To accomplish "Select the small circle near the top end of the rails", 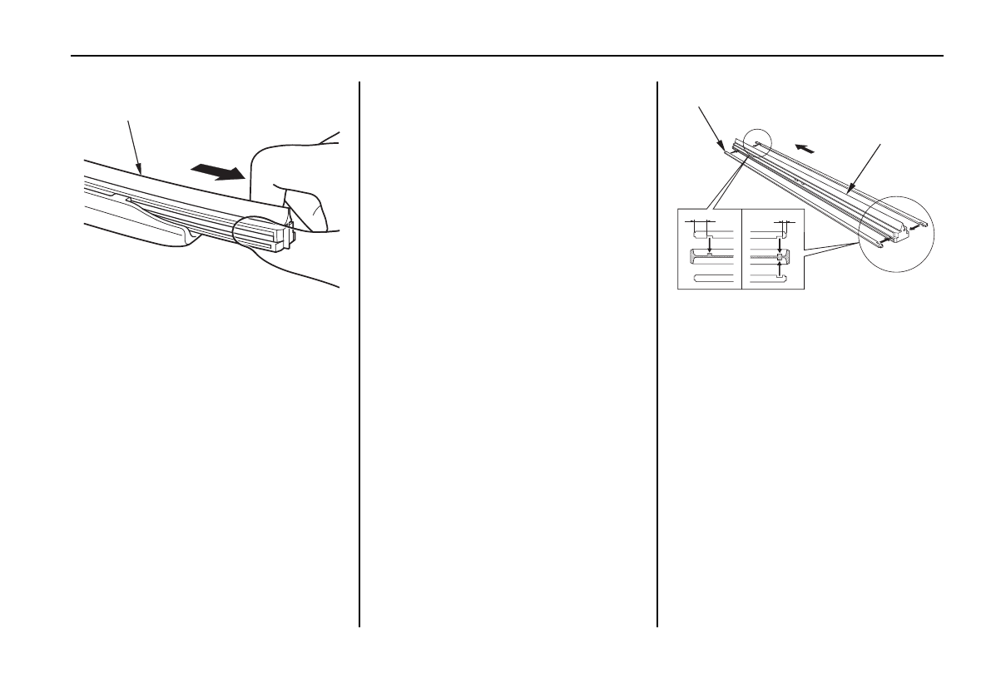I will pyautogui.click(x=758, y=144).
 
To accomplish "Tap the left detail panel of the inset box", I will pyautogui.click(x=709, y=253).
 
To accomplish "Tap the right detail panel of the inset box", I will pyautogui.click(x=773, y=253).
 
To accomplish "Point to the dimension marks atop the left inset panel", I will pyautogui.click(x=700, y=223).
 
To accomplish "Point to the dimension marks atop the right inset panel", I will pyautogui.click(x=782, y=223).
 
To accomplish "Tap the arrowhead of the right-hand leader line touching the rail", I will pyautogui.click(x=850, y=194).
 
